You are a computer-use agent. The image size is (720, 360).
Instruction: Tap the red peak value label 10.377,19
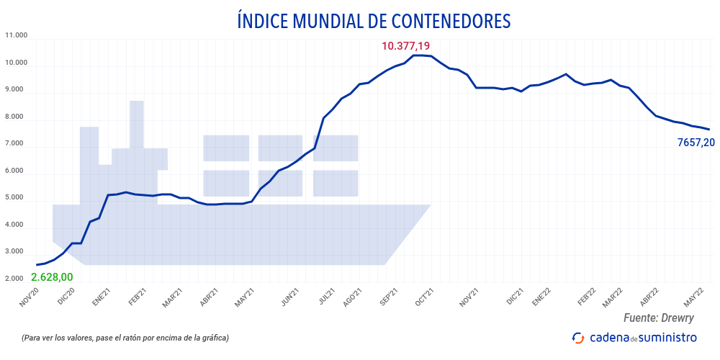pyautogui.click(x=405, y=46)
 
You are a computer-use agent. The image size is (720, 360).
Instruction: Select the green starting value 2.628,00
pyautogui.click(x=53, y=277)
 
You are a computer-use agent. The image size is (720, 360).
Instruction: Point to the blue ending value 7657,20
pyautogui.click(x=696, y=143)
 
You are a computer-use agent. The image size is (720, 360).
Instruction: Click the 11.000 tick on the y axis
pyautogui.click(x=16, y=35)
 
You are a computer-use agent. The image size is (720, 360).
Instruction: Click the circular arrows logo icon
pyautogui.click(x=578, y=337)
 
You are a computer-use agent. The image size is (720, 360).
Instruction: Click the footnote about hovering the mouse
pyautogui.click(x=125, y=338)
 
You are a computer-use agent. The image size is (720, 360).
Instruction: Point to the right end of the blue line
pyautogui.click(x=709, y=130)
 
